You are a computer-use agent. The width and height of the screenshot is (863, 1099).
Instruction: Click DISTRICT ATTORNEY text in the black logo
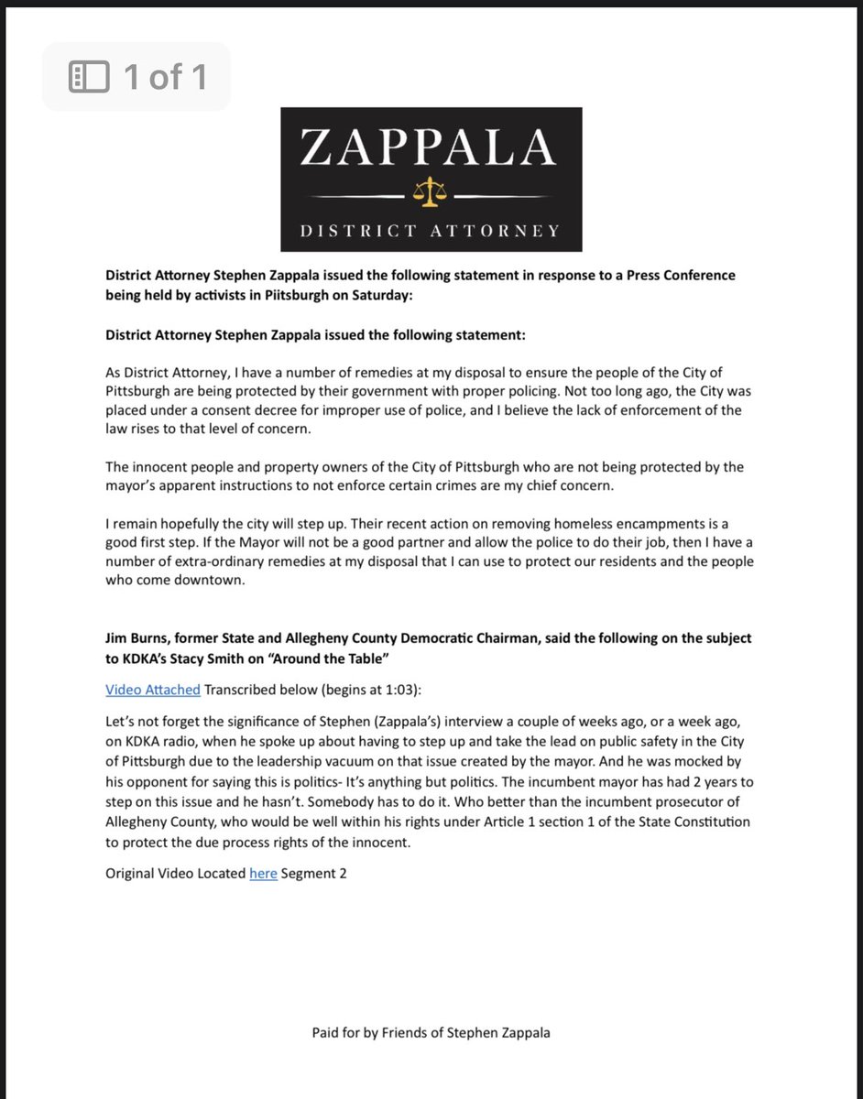click(431, 231)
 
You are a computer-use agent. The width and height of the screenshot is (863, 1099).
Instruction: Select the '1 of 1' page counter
click(164, 77)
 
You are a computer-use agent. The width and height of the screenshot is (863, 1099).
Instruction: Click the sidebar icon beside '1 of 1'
click(90, 77)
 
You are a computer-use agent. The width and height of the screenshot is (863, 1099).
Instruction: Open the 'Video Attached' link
click(153, 689)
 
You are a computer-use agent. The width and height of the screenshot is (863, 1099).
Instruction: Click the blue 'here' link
click(263, 874)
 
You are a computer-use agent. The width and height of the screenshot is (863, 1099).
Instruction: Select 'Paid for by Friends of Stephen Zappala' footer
click(431, 1033)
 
